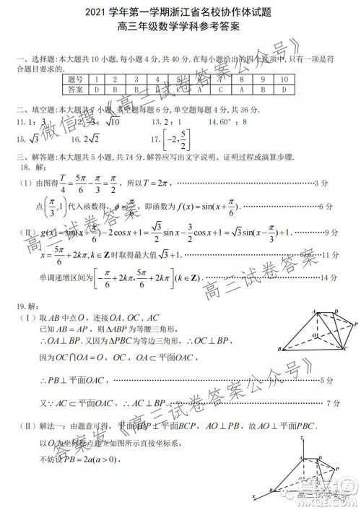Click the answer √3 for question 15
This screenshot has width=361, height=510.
click(32, 139)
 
